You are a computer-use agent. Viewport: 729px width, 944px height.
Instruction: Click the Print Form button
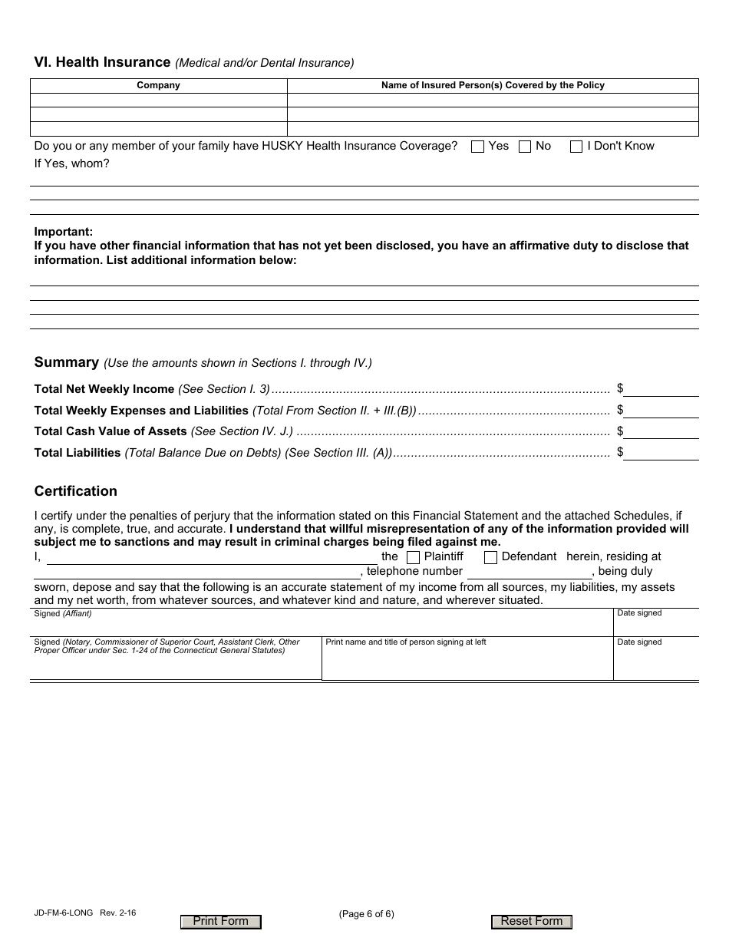(221, 922)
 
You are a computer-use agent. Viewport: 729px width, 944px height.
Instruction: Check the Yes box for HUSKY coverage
(477, 147)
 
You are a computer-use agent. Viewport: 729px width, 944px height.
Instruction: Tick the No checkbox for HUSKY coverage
(525, 147)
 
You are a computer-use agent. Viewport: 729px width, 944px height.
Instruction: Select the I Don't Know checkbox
(576, 147)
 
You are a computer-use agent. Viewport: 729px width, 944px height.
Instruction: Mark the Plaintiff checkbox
(413, 557)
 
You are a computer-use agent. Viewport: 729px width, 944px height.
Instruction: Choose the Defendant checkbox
(490, 557)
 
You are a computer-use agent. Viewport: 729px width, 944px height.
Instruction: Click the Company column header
(158, 85)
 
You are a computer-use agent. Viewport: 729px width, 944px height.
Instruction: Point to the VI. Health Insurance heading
(102, 62)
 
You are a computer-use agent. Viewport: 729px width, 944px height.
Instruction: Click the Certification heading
(76, 491)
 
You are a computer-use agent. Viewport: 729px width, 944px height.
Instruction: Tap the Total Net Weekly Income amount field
(661, 389)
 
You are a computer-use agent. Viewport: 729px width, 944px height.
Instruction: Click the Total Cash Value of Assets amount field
(661, 431)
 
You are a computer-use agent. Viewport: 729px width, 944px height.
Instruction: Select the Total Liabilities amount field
(661, 453)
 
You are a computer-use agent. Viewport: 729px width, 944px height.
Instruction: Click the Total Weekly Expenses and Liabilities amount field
(661, 411)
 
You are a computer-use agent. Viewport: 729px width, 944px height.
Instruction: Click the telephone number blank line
(529, 572)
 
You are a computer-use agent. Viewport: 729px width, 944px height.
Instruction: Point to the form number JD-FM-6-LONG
(64, 913)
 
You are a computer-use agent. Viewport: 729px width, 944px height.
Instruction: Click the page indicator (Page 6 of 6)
(366, 913)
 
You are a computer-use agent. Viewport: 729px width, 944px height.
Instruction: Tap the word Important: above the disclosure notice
(64, 232)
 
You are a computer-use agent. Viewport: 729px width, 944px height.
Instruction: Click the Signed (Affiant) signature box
(322, 623)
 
